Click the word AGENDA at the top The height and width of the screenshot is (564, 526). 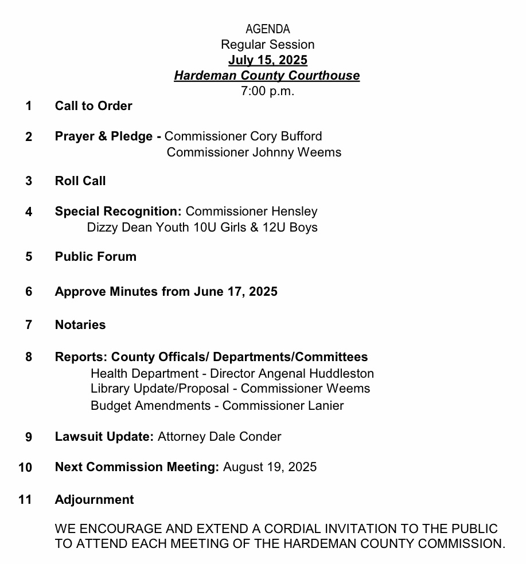(x=267, y=29)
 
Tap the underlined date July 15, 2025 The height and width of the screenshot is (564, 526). (x=267, y=60)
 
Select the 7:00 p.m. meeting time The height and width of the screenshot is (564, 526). (x=267, y=91)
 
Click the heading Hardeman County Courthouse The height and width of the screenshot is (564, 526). (x=267, y=76)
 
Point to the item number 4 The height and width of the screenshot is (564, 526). (x=29, y=212)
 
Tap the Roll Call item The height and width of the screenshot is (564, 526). (x=80, y=181)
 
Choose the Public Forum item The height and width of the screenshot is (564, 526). (x=96, y=257)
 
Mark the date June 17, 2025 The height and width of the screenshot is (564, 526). (x=236, y=292)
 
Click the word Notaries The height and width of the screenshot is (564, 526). (x=80, y=325)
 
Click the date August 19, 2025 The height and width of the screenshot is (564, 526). (x=270, y=467)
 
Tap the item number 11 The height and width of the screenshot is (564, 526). (x=25, y=500)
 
